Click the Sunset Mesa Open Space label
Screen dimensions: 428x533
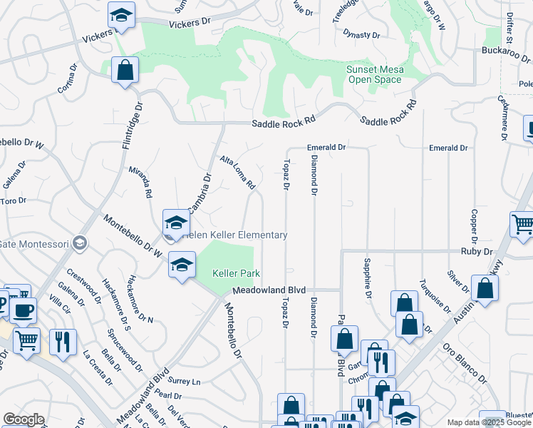coord(374,74)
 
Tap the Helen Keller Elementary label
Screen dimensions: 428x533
coord(235,235)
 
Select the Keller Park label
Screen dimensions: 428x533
coord(236,273)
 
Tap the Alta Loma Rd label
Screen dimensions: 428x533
coord(237,173)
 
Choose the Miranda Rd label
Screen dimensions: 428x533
coord(140,182)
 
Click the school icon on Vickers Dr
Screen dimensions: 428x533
coord(122,16)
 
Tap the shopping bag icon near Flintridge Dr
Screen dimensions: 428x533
coord(125,71)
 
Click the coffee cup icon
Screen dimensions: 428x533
coord(24,311)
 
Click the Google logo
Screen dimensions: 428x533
coord(23,419)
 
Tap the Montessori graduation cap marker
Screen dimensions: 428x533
coord(80,244)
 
